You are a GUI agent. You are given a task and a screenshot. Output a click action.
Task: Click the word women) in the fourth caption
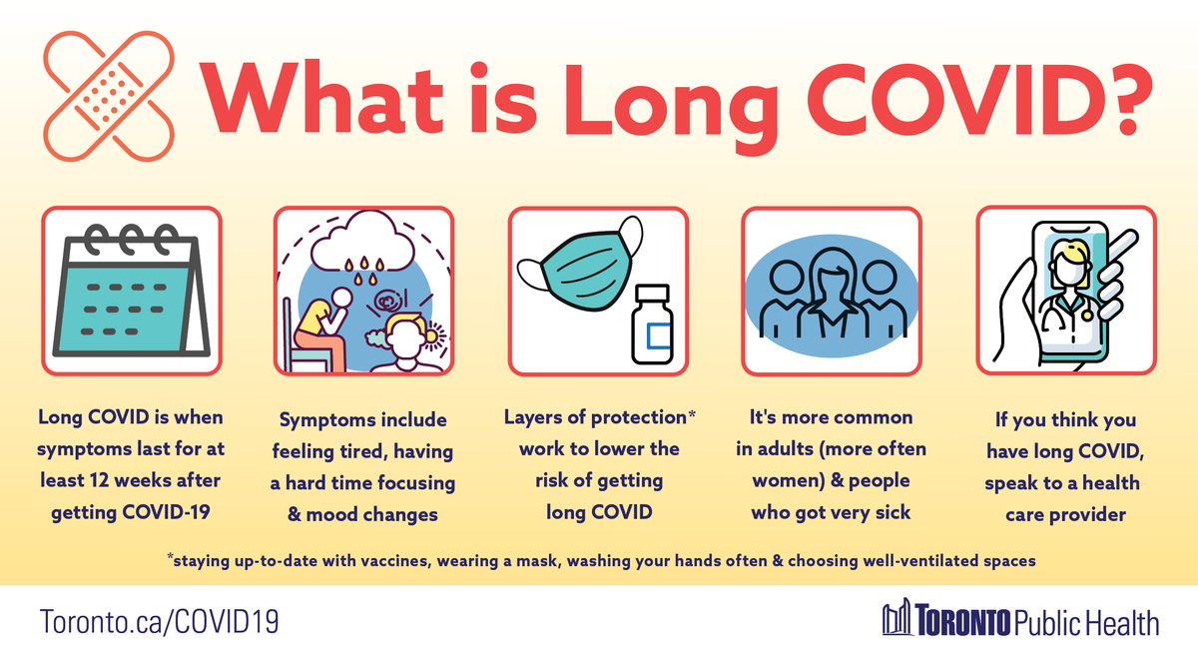[785, 480]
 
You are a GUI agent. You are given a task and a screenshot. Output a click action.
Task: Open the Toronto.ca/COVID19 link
[159, 622]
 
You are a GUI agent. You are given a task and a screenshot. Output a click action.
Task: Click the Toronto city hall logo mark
[898, 618]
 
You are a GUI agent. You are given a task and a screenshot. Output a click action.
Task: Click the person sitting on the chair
[319, 325]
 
